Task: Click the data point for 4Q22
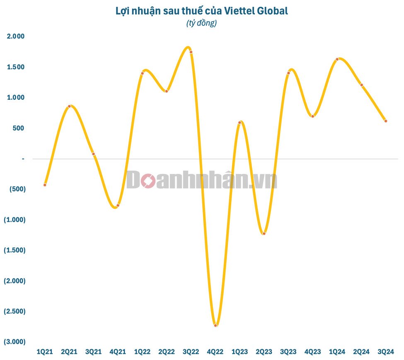click(x=215, y=325)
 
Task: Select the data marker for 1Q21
click(x=45, y=185)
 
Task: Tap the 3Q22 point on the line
click(x=191, y=52)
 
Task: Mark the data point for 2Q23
click(x=264, y=234)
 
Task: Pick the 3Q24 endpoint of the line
click(x=386, y=121)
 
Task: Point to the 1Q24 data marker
click(x=337, y=59)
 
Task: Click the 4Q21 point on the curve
click(x=118, y=205)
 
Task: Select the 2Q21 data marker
click(x=69, y=106)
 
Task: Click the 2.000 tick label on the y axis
click(x=16, y=36)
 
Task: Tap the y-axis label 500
click(x=19, y=128)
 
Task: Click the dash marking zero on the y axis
click(x=23, y=159)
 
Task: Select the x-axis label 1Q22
click(x=142, y=352)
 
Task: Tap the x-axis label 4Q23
click(x=312, y=352)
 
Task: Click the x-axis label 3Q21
click(x=93, y=352)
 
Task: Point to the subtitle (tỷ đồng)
click(x=202, y=24)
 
